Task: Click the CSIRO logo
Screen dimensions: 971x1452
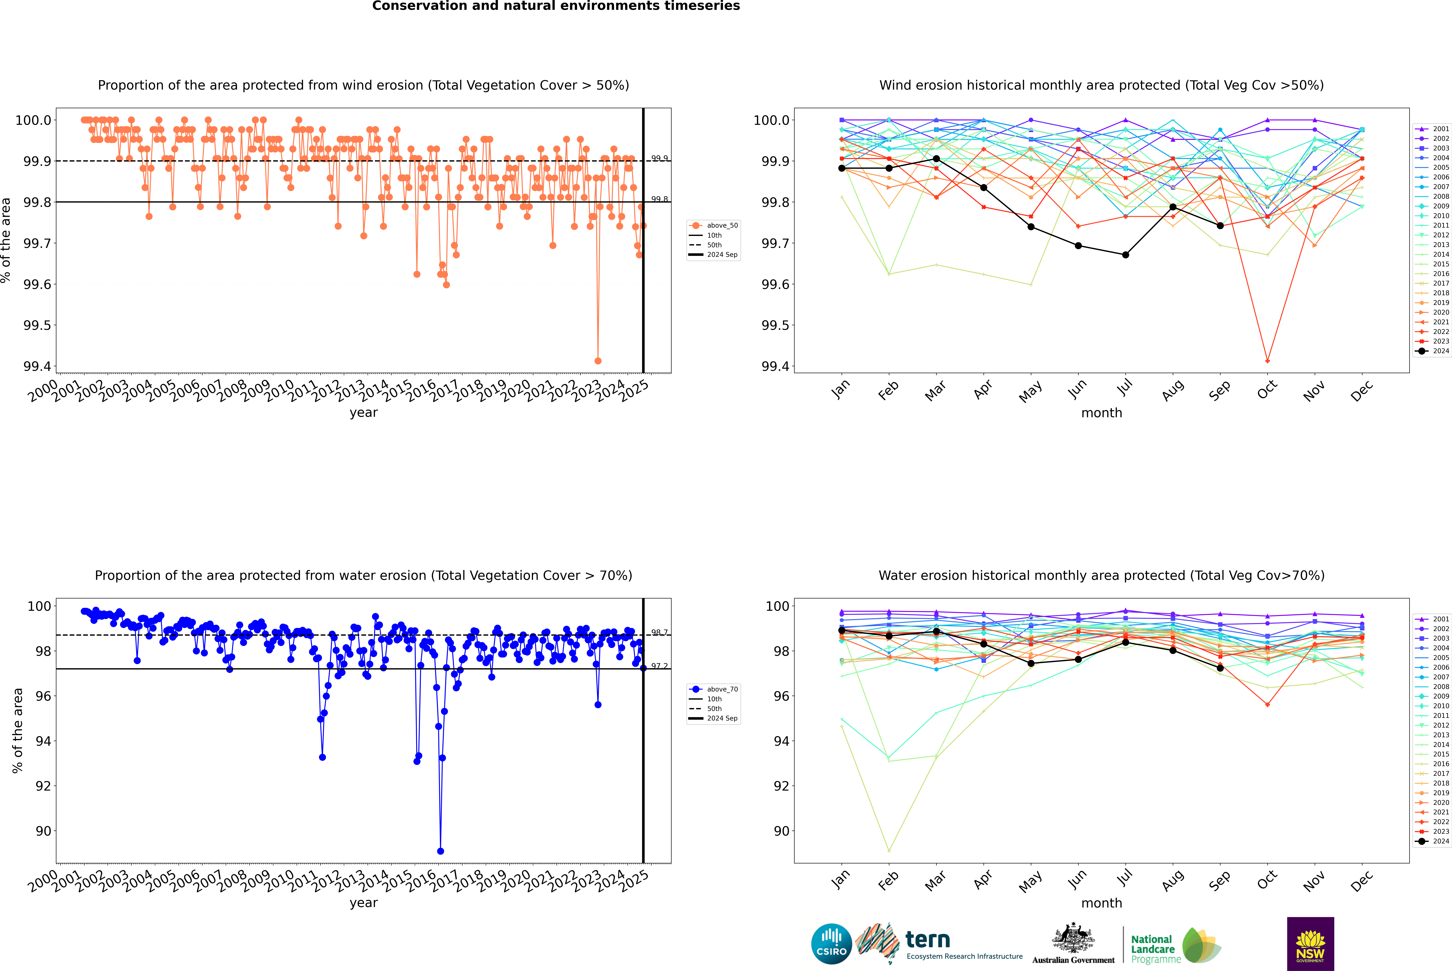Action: click(x=831, y=944)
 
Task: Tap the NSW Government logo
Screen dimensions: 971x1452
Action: click(x=1310, y=944)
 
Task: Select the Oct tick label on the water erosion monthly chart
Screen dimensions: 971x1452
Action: click(x=1267, y=879)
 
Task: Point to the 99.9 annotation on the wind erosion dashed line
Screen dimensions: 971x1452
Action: click(x=659, y=159)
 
